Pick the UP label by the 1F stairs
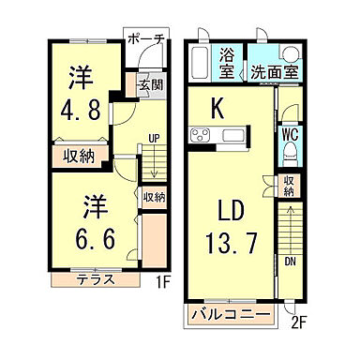pyautogui.click(x=151, y=142)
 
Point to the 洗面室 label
pyautogui.click(x=274, y=71)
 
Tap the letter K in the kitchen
pyautogui.click(x=217, y=109)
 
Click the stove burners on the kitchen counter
pyautogui.click(x=202, y=137)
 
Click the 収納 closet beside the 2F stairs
pyautogui.click(x=289, y=185)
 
